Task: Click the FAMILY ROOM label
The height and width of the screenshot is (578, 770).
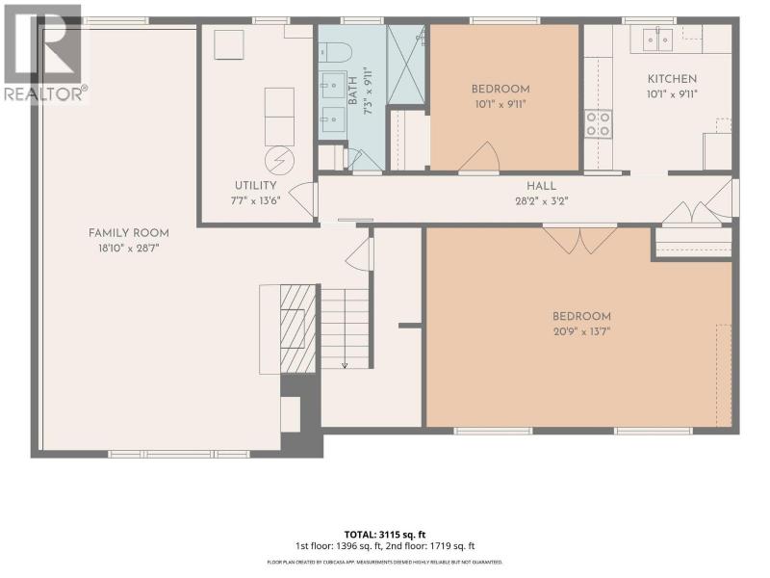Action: pyautogui.click(x=129, y=233)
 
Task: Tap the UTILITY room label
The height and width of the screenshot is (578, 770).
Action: pyautogui.click(x=255, y=185)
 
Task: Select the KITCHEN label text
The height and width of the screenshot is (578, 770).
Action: pyautogui.click(x=672, y=79)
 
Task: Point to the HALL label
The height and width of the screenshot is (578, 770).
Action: pyautogui.click(x=541, y=186)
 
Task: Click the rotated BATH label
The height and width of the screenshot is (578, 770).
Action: pyautogui.click(x=352, y=94)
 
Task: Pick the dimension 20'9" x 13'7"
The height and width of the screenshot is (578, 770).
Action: pyautogui.click(x=581, y=331)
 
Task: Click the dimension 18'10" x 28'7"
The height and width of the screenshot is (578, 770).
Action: pyautogui.click(x=129, y=249)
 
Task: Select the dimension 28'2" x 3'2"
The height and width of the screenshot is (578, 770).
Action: pyautogui.click(x=541, y=201)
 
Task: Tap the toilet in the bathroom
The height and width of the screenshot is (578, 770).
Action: pyautogui.click(x=335, y=51)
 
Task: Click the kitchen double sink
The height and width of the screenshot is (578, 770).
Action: pyautogui.click(x=657, y=39)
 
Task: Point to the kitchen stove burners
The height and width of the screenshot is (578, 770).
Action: pyautogui.click(x=598, y=124)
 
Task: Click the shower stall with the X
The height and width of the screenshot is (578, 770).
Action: pyautogui.click(x=406, y=65)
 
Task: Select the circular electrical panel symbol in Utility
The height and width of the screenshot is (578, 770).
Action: pyautogui.click(x=279, y=161)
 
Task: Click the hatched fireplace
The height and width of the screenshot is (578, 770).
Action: pyautogui.click(x=297, y=328)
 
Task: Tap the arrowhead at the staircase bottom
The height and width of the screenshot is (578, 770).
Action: pyautogui.click(x=345, y=365)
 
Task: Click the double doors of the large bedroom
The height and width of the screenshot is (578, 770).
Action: pyautogui.click(x=580, y=239)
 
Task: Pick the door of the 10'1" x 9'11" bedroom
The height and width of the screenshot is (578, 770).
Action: pyautogui.click(x=479, y=157)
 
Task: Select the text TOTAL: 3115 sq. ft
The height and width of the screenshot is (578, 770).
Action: pyautogui.click(x=385, y=535)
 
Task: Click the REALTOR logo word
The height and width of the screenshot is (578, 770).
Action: pyautogui.click(x=44, y=93)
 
